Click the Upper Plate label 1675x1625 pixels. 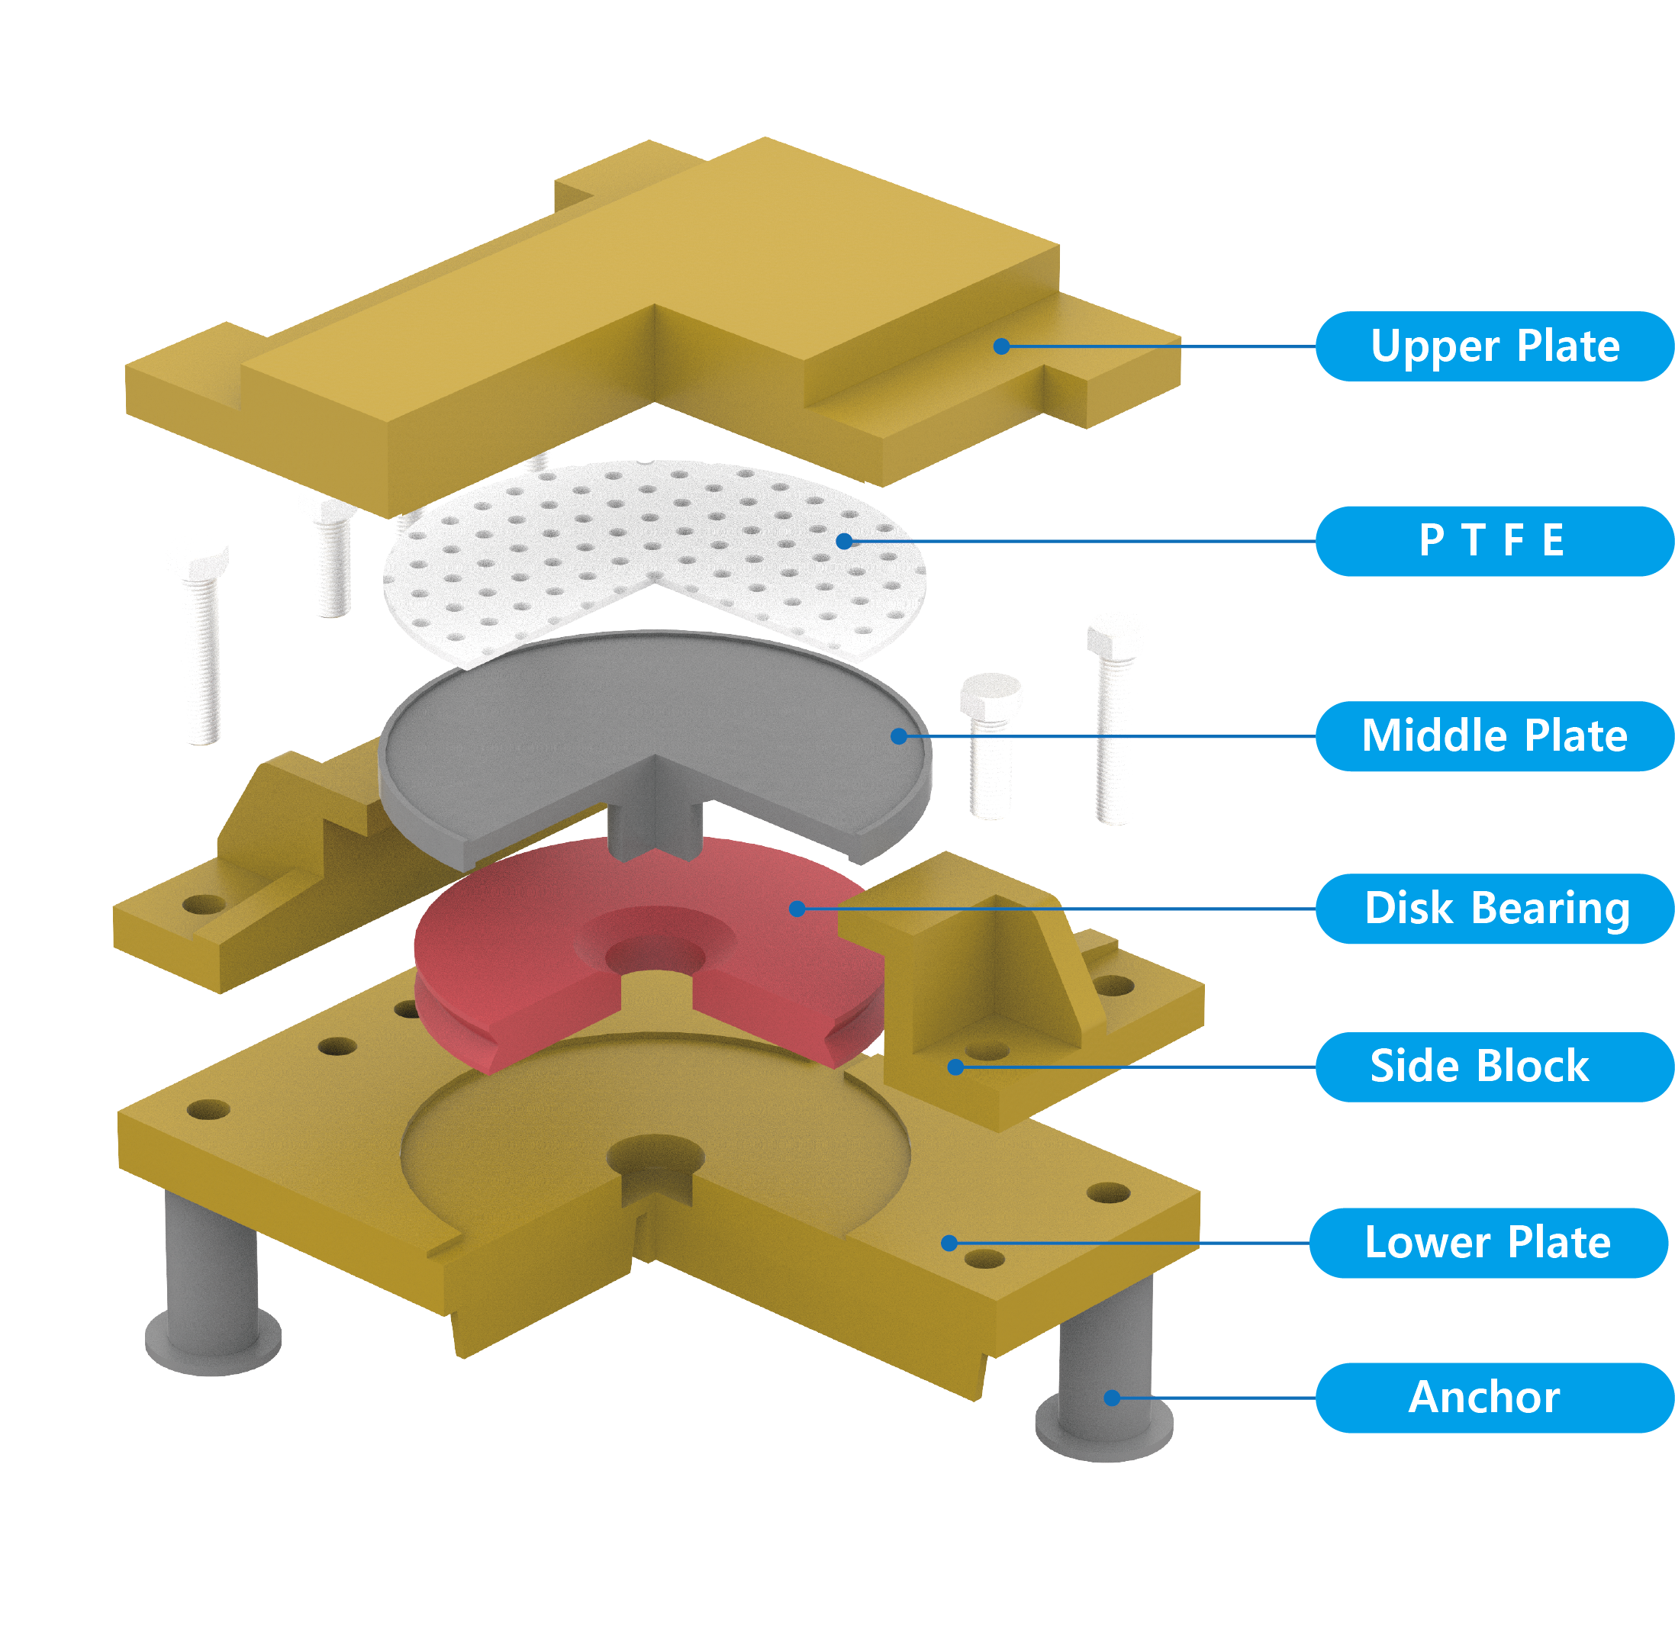(x=1494, y=346)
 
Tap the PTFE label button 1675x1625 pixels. (x=1494, y=541)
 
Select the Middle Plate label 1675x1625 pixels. (x=1494, y=735)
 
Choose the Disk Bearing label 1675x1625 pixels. (x=1494, y=908)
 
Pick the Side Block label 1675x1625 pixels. (x=1494, y=1067)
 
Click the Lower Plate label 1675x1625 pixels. (x=1489, y=1242)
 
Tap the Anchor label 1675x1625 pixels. (x=1494, y=1397)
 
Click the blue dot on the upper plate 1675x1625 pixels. (x=1002, y=346)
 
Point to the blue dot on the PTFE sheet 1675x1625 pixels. (x=843, y=541)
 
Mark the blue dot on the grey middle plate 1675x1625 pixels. (x=898, y=735)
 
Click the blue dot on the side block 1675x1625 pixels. (x=955, y=1067)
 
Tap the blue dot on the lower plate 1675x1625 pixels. (x=949, y=1243)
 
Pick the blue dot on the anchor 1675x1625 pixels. (x=1112, y=1398)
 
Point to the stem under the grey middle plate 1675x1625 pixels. (x=654, y=825)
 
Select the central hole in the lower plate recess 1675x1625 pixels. (x=656, y=1157)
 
